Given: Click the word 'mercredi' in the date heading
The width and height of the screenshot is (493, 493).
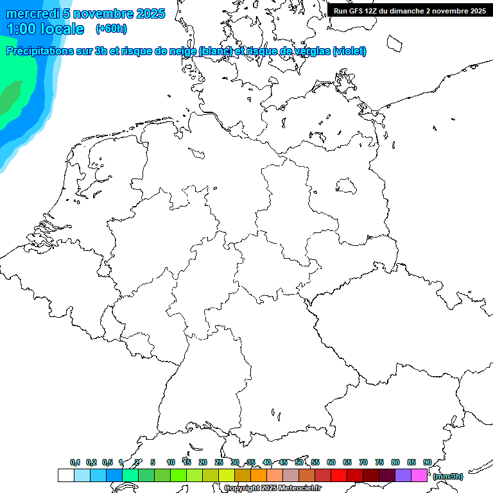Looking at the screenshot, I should (33, 13).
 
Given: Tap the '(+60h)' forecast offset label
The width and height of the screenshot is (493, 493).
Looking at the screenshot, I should (111, 28).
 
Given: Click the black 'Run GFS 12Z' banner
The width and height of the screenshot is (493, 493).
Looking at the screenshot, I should (410, 10).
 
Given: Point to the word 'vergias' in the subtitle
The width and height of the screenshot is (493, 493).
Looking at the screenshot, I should (312, 51).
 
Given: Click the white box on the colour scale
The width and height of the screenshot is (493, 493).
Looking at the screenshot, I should (65, 475).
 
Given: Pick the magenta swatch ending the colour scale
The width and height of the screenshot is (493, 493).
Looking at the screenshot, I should (419, 475).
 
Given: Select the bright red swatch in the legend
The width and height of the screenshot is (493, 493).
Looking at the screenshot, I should (339, 475).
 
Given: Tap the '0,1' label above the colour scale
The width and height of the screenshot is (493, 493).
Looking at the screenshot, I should (75, 462).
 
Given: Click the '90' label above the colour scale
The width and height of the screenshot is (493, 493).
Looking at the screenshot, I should (427, 462).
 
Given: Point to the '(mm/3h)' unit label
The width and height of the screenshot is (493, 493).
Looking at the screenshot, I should (448, 476).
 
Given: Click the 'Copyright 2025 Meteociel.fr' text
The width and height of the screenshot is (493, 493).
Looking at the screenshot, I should (273, 489).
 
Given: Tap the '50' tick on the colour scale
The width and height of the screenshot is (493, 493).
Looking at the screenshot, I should (299, 462).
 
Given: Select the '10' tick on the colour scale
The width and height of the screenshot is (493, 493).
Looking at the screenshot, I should (170, 462).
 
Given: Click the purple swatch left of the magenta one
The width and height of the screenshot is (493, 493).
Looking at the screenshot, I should (403, 475).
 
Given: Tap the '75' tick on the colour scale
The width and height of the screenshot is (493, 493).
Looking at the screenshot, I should (379, 462).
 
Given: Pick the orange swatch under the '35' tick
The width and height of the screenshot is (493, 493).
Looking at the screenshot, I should (259, 475).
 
